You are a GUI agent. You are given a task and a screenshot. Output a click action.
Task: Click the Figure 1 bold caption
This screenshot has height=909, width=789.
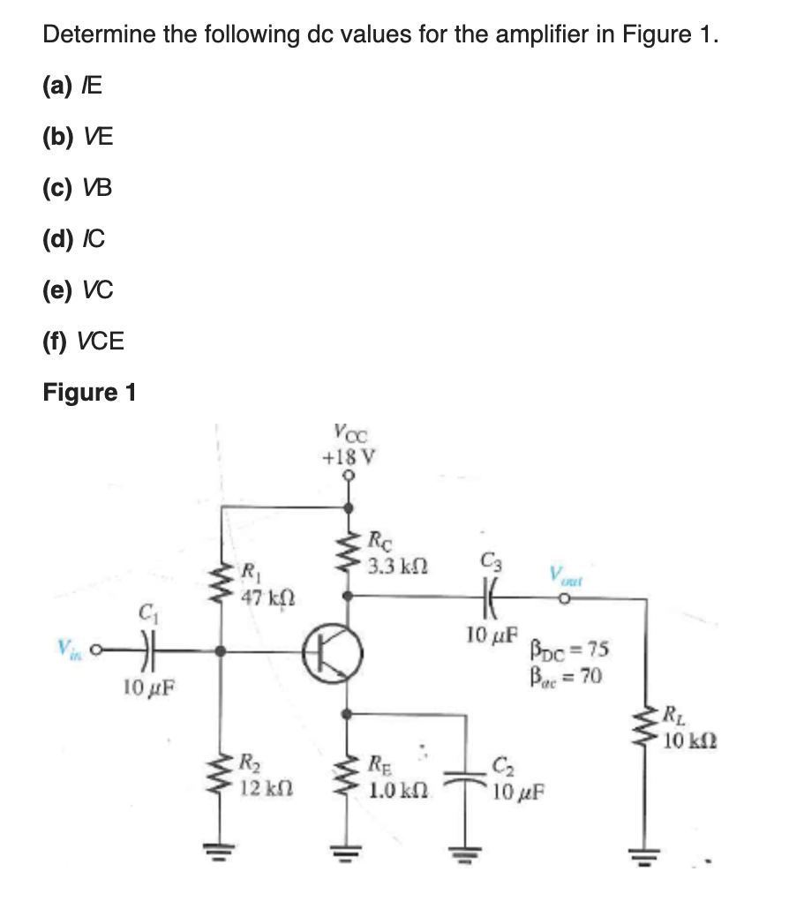click(x=89, y=392)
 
